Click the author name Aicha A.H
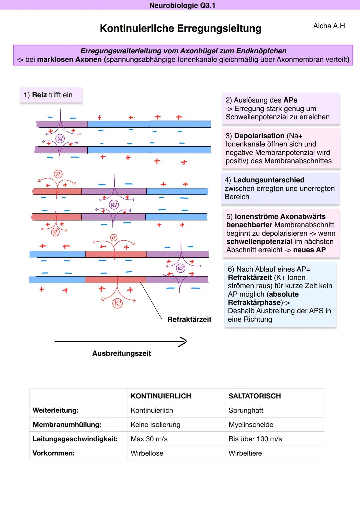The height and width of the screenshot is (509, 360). pyautogui.click(x=329, y=26)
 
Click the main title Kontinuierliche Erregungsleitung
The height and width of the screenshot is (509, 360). pyautogui.click(x=180, y=29)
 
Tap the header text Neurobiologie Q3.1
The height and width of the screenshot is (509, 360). pyautogui.click(x=182, y=5)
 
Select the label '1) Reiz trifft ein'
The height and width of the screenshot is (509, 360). pyautogui.click(x=48, y=95)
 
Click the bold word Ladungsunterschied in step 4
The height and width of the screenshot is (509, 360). pyautogui.click(x=268, y=180)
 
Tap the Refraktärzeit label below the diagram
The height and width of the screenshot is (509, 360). pyautogui.click(x=189, y=320)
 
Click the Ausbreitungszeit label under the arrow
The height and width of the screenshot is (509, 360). pyautogui.click(x=121, y=353)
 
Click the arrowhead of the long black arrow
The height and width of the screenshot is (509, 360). pyautogui.click(x=183, y=342)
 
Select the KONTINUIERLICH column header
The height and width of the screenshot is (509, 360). pyautogui.click(x=161, y=396)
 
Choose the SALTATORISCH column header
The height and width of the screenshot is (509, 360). pyautogui.click(x=254, y=396)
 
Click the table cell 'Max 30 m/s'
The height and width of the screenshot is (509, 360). pyautogui.click(x=149, y=439)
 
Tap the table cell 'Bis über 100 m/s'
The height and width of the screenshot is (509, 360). pyautogui.click(x=255, y=439)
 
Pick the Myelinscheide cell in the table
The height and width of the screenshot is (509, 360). pyautogui.click(x=251, y=425)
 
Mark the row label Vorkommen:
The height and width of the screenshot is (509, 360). pyautogui.click(x=53, y=453)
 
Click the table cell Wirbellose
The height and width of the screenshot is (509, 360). pyautogui.click(x=147, y=453)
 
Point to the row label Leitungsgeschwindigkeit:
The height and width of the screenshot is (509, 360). pyautogui.click(x=75, y=439)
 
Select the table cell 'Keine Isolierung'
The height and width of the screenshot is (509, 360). pyautogui.click(x=155, y=425)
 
